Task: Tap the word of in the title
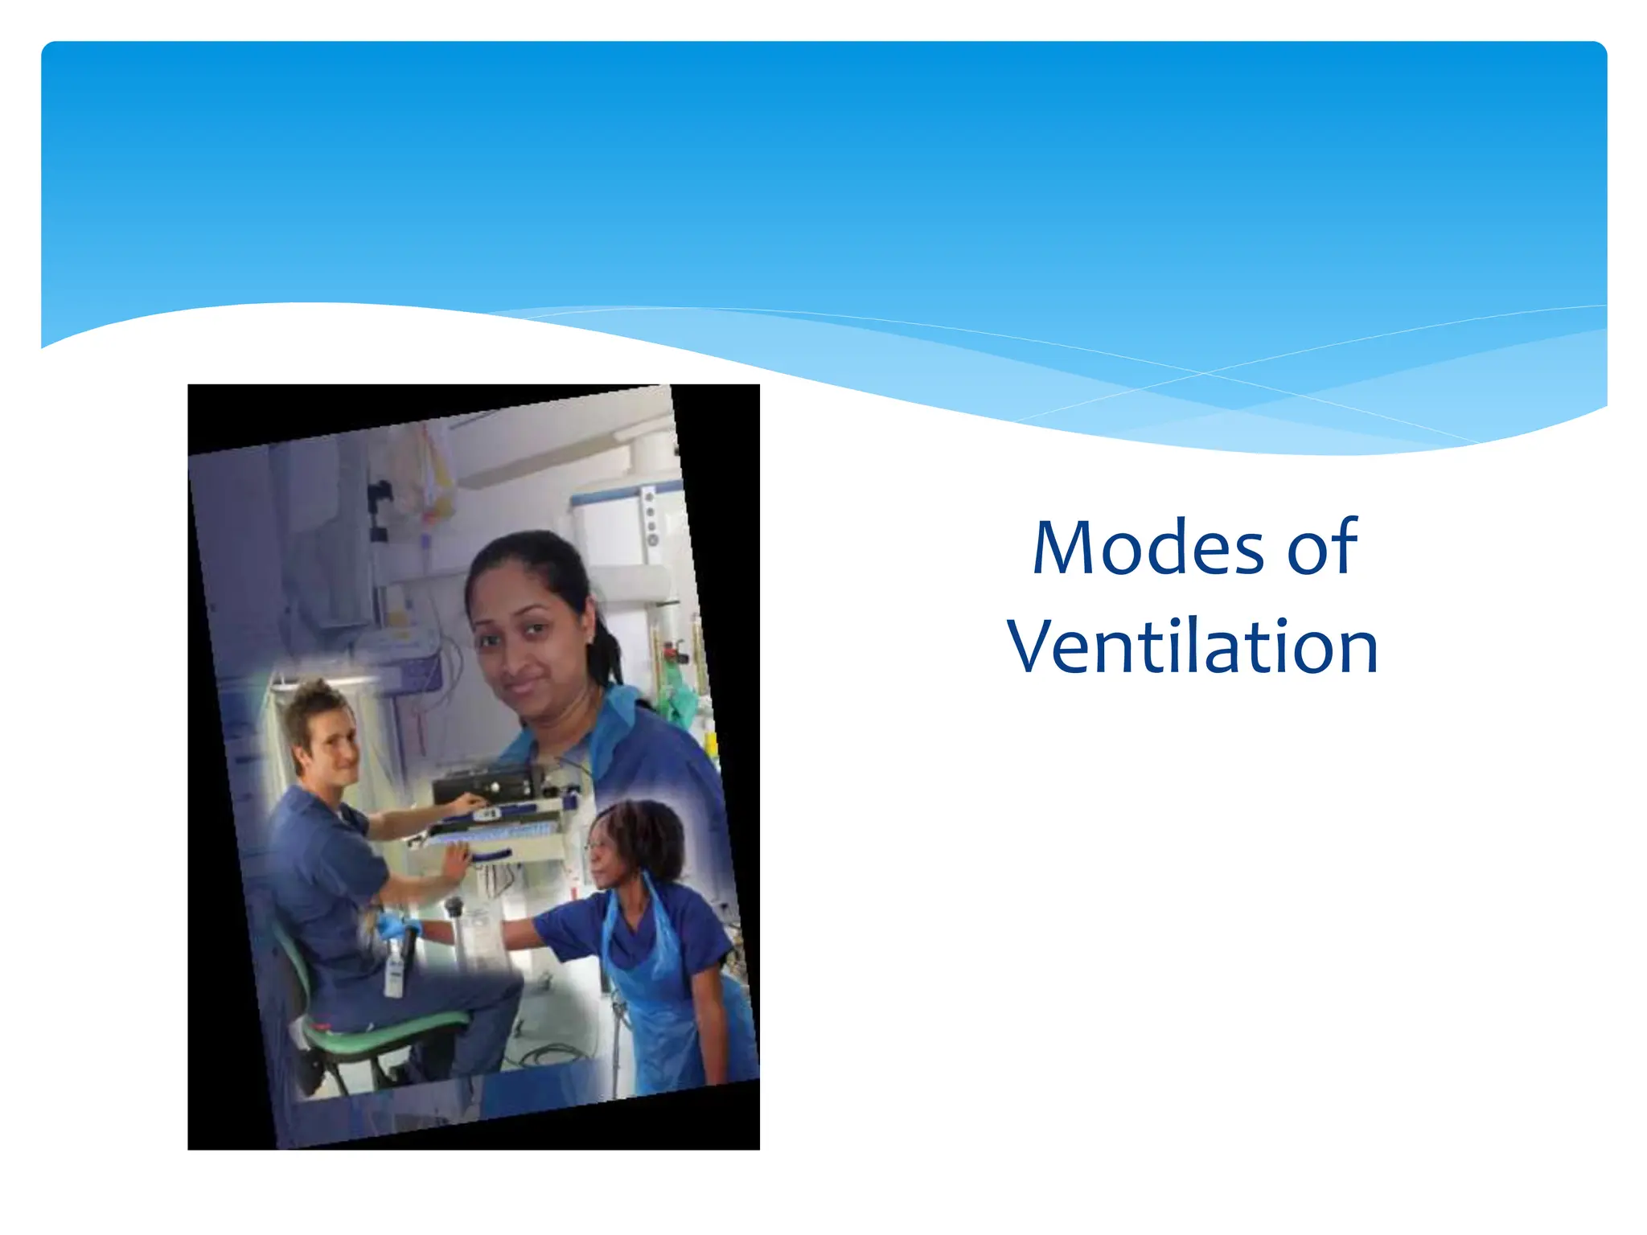(x=1322, y=548)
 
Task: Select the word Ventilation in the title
(x=1193, y=647)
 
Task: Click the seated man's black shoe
(x=310, y=1073)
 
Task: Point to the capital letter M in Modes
(x=1065, y=548)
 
